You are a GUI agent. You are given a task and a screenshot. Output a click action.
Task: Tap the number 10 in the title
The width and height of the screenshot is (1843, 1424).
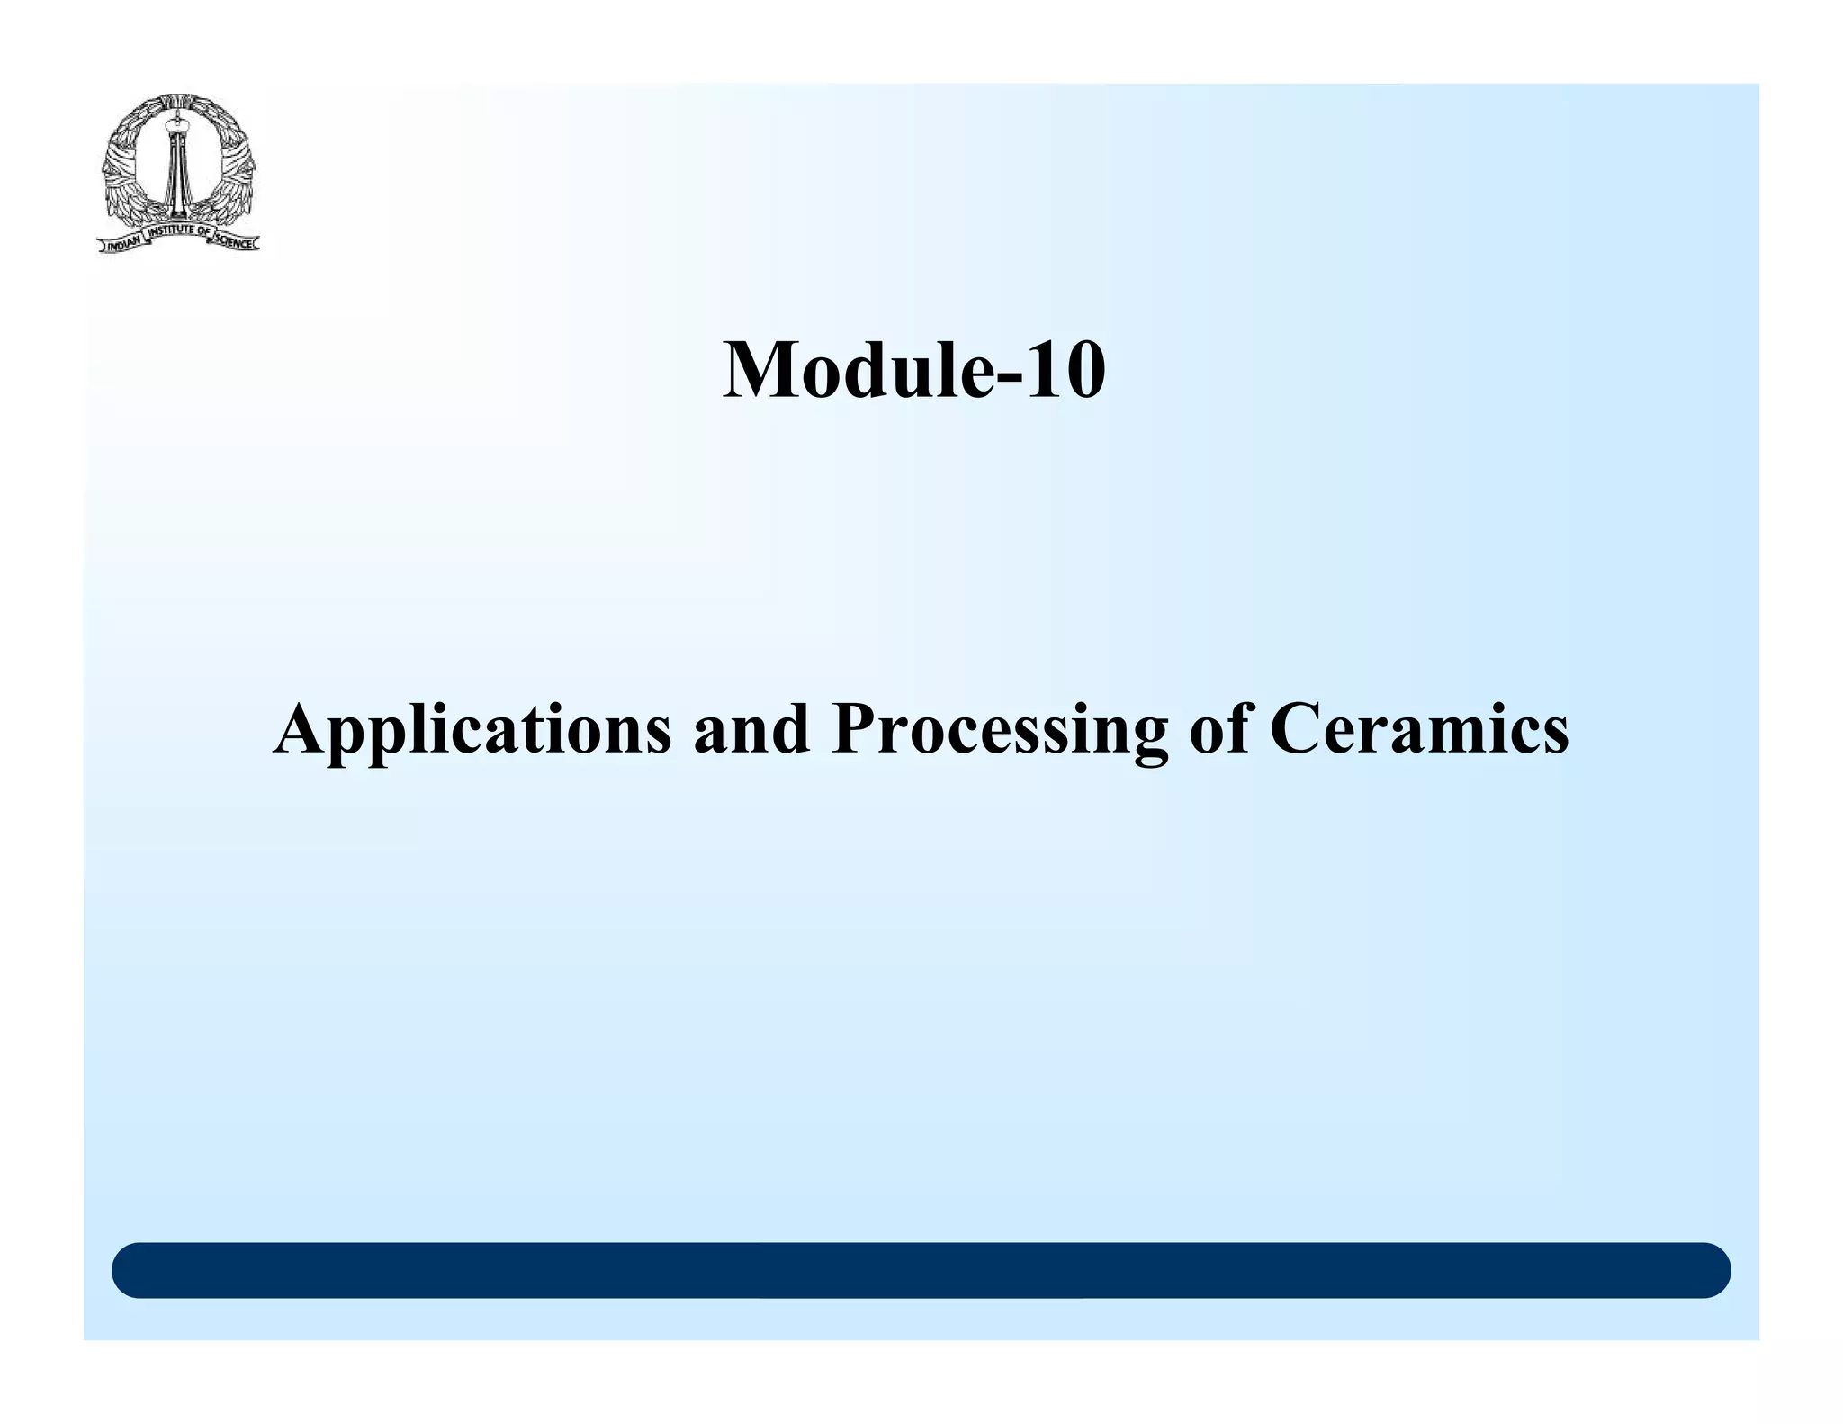click(1065, 371)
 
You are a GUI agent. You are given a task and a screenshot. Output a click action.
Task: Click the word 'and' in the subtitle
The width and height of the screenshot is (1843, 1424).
click(751, 729)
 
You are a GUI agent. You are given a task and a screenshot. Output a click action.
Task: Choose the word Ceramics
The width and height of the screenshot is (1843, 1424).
click(1419, 729)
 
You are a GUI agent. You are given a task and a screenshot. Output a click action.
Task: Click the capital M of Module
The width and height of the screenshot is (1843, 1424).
click(760, 371)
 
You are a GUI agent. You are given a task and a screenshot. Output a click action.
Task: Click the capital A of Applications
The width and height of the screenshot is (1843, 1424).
click(301, 729)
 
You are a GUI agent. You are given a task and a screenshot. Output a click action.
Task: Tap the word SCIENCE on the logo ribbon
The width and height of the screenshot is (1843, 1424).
click(236, 243)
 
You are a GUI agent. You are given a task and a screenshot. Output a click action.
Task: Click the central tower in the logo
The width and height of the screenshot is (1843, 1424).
click(178, 171)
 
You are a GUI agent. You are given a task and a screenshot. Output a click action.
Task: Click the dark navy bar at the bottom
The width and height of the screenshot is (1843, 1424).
click(921, 1270)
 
